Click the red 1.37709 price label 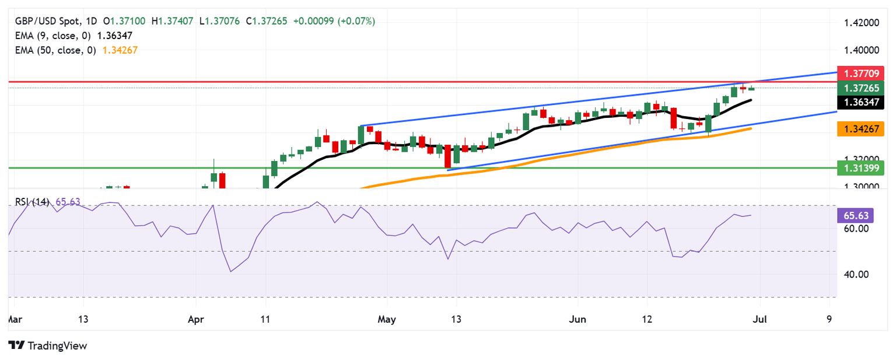coord(860,74)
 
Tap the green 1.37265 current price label coord(860,89)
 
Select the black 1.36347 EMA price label coord(860,103)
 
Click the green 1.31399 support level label coord(860,169)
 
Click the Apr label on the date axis coord(195,320)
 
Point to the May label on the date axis coord(387,320)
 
